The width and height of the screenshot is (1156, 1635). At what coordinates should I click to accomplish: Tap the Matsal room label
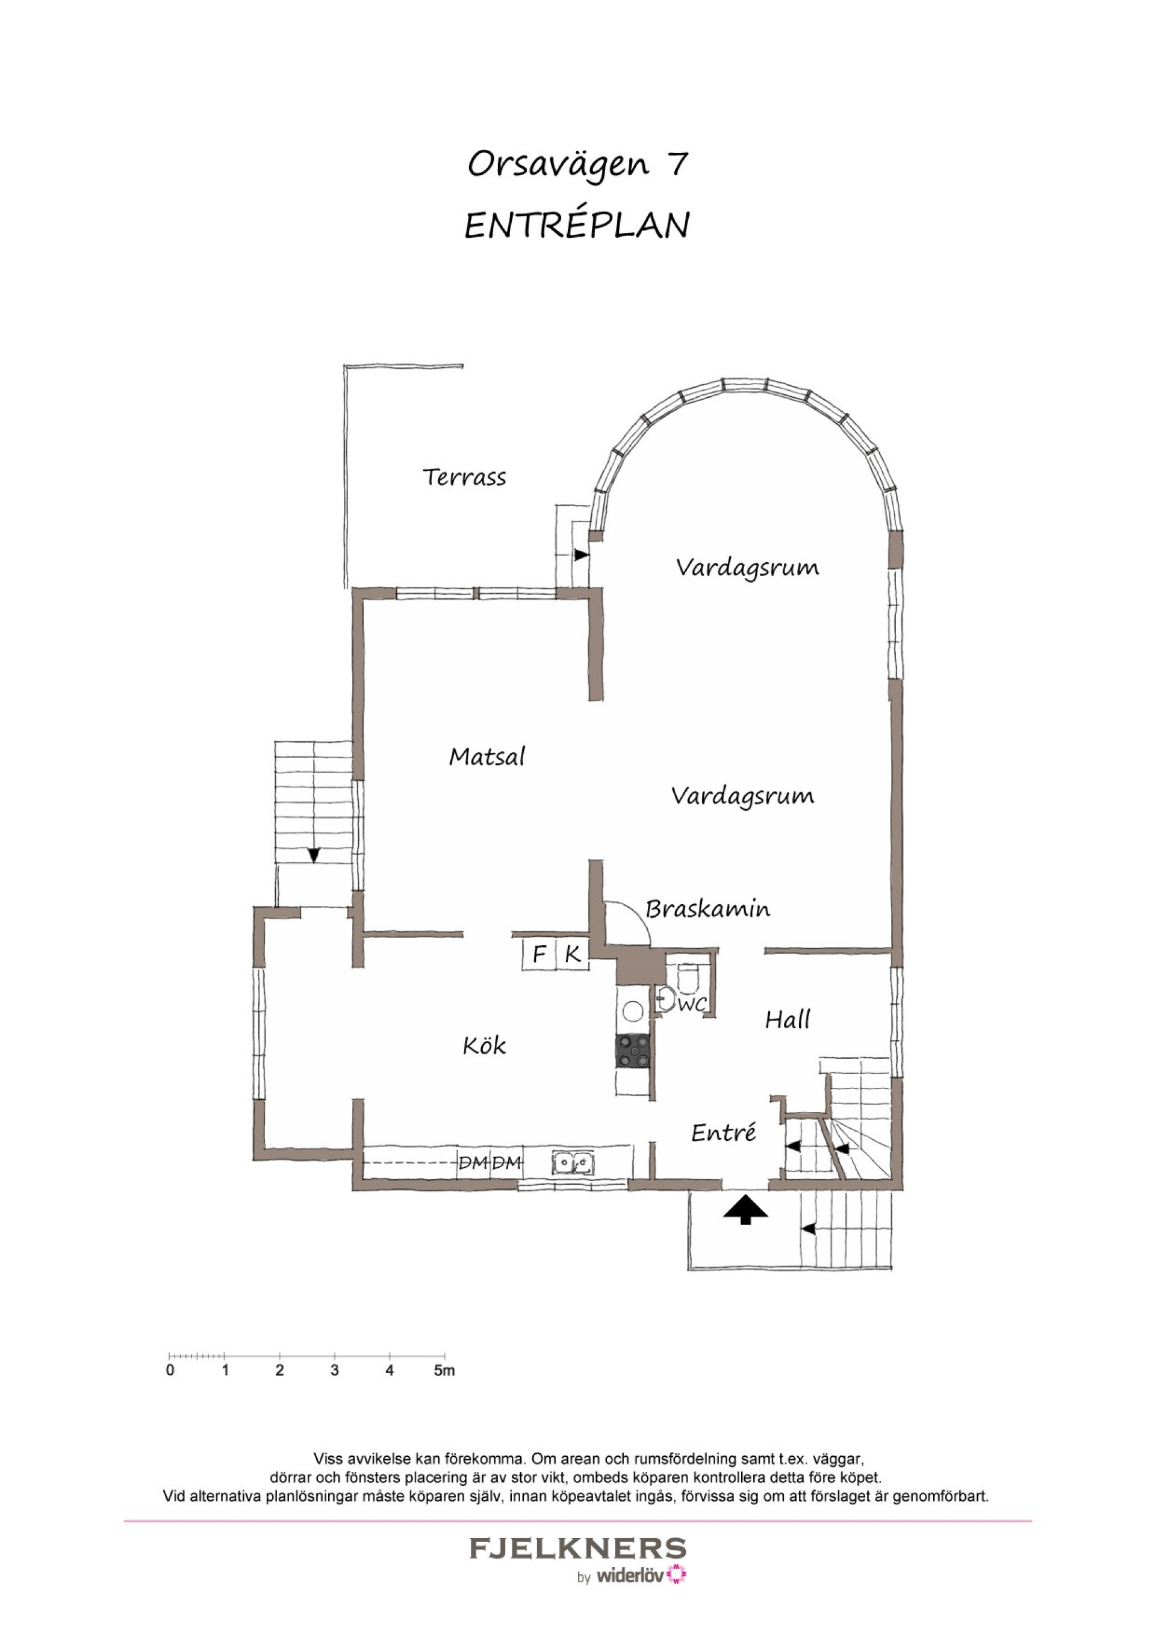coord(487,755)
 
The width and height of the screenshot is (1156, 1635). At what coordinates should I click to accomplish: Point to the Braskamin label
coord(708,908)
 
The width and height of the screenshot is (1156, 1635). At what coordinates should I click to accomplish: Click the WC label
coord(692,1004)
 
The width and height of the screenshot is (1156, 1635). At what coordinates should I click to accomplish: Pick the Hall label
coord(788,1020)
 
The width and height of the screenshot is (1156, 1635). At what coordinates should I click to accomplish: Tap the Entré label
coord(724,1132)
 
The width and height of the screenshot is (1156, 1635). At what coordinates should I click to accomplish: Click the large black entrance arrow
coord(746,1209)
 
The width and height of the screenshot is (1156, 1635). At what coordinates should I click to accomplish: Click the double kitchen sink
coord(573,1163)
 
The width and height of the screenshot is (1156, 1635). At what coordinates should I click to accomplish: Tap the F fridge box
coord(539,954)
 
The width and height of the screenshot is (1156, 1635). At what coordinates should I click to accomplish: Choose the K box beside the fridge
coord(572,954)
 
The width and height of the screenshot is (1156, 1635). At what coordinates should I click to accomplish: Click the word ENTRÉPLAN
coord(577,225)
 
